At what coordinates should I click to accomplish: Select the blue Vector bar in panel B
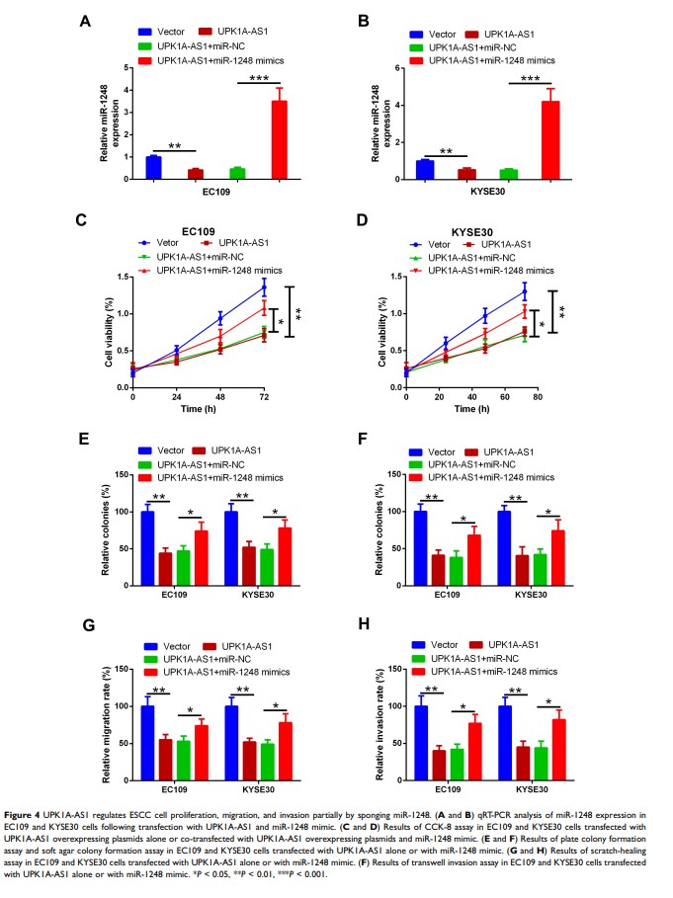[423, 169]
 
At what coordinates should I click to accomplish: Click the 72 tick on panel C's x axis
[264, 395]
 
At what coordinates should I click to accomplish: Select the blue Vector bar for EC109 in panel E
[147, 542]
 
